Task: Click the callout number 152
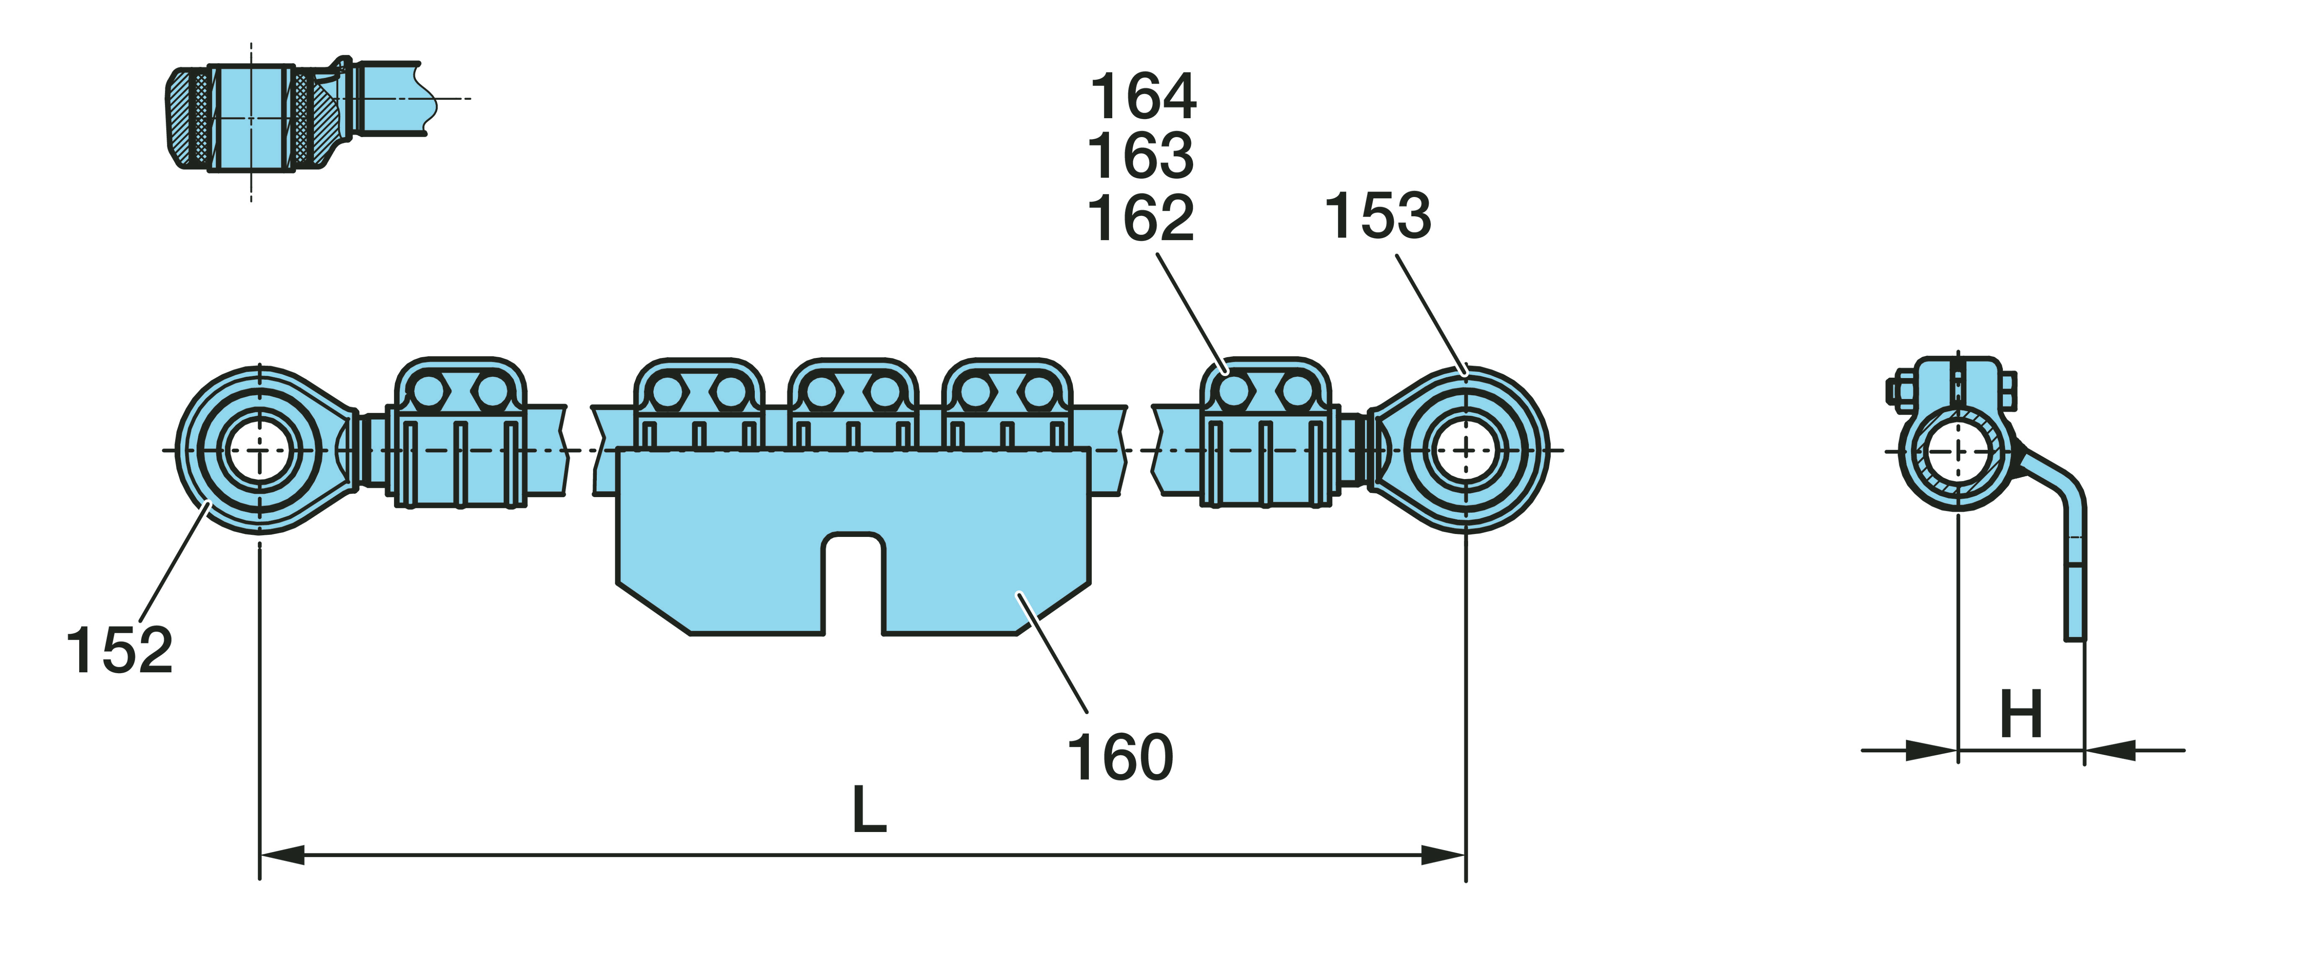point(119,651)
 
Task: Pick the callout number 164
point(1143,97)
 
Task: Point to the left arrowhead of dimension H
point(1933,750)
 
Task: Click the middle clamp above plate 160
point(853,403)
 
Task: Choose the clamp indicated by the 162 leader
point(1264,434)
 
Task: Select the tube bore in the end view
point(1958,452)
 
